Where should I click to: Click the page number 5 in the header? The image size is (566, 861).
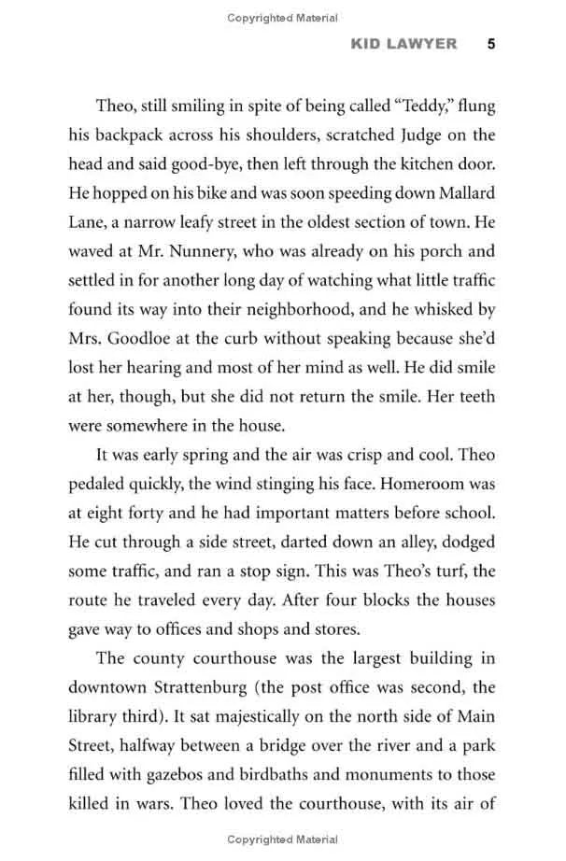(490, 43)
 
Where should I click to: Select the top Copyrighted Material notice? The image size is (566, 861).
(282, 17)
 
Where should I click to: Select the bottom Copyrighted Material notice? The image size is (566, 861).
(282, 844)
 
